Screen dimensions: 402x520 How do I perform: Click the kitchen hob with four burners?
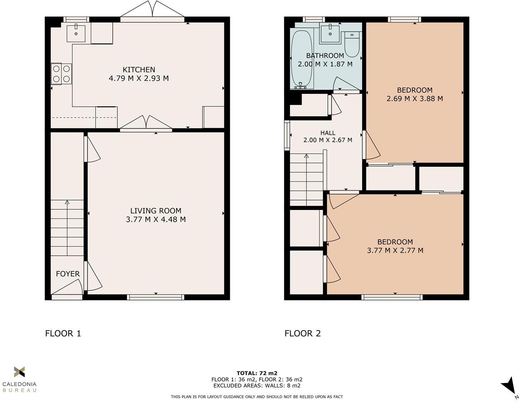point(62,74)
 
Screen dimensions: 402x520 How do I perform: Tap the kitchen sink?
point(76,33)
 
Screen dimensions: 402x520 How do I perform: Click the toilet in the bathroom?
point(352,44)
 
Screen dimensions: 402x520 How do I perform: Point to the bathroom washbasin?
point(330,34)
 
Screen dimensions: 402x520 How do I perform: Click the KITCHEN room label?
point(139,70)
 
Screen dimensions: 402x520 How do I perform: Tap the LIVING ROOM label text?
point(156,211)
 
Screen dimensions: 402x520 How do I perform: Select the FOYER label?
point(68,274)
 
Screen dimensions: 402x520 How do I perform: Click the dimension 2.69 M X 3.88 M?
point(415,99)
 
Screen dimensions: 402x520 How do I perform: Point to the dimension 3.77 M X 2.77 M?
point(395,250)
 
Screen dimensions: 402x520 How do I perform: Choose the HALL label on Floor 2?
point(328,133)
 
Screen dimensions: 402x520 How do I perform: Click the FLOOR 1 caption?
point(63,333)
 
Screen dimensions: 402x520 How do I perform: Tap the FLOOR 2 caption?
point(303,333)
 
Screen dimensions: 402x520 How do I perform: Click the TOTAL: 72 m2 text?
point(257,373)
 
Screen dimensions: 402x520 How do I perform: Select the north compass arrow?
point(509,387)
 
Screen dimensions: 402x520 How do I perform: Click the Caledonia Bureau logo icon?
point(19,372)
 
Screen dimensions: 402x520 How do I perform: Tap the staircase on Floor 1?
point(67,228)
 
